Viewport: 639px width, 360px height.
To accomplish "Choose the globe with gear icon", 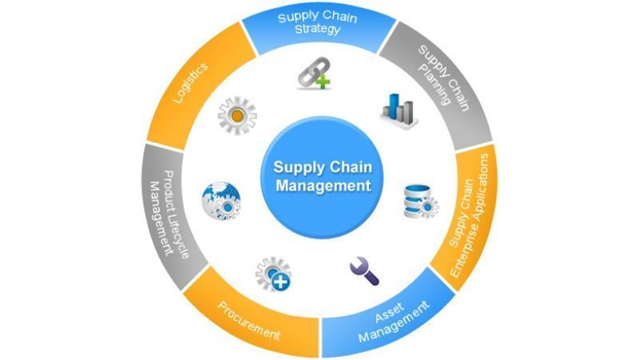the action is point(220,200).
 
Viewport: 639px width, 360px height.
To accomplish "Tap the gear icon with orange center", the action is point(236,115).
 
